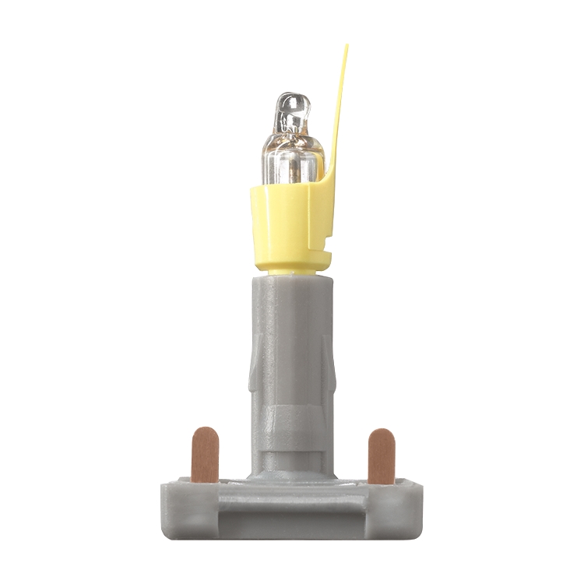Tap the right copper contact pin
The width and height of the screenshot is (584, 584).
[x=381, y=456]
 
